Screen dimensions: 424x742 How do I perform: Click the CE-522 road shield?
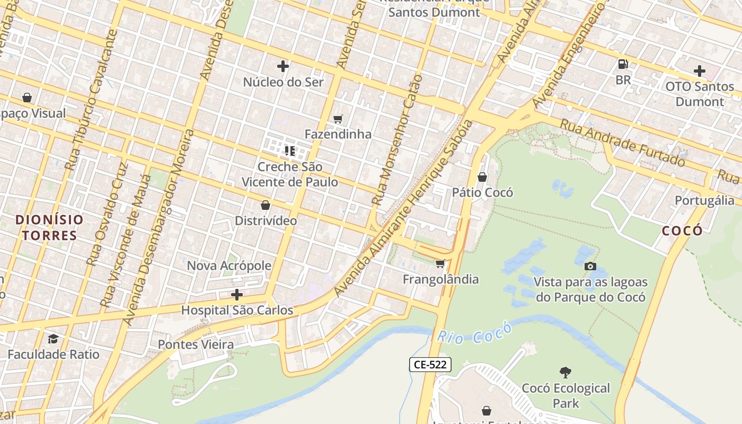click(430, 365)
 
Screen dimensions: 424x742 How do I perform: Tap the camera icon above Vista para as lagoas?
click(590, 266)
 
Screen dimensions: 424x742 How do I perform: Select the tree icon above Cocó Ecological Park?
click(566, 373)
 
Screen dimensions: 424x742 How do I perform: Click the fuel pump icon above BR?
click(623, 64)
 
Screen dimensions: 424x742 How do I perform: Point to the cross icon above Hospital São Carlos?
click(237, 295)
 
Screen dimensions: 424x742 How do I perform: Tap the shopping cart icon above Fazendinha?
click(338, 119)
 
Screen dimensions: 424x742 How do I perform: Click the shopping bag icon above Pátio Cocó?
click(482, 177)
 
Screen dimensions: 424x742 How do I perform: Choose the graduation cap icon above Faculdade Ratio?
click(53, 339)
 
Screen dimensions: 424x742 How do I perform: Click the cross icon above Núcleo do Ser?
click(283, 66)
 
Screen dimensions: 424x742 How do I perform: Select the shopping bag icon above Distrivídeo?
click(266, 205)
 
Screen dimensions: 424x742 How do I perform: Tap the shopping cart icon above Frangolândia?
click(440, 263)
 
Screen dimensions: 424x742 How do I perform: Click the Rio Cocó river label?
click(475, 332)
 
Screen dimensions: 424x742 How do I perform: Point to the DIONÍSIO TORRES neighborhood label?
click(49, 227)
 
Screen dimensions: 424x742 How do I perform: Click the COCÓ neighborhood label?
click(683, 230)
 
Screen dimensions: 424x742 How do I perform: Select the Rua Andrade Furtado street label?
click(623, 142)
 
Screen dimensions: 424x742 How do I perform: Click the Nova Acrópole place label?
click(229, 266)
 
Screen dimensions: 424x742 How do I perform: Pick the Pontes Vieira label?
click(196, 344)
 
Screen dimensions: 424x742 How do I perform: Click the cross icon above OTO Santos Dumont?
click(700, 70)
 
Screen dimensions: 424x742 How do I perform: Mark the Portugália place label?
click(704, 200)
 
